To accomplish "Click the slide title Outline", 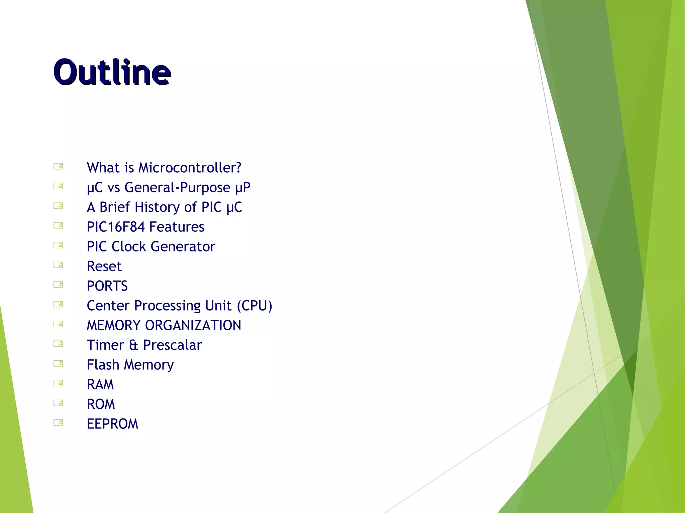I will (112, 72).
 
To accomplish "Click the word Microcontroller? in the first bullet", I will (190, 168).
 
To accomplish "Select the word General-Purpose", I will (177, 188).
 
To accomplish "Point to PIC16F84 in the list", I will (116, 227).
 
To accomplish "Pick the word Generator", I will (183, 247).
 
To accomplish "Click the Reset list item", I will (104, 267).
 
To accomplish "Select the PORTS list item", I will (107, 286).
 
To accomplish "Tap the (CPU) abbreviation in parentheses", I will (255, 306).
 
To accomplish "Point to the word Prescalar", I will (172, 345).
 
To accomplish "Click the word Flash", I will (103, 365).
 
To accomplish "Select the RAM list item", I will (100, 385).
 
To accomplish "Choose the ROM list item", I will (101, 404).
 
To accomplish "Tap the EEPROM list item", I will (112, 424).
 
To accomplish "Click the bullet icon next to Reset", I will (58, 265).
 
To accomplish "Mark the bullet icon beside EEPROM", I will (58, 423).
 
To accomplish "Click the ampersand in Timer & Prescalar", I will (133, 345).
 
